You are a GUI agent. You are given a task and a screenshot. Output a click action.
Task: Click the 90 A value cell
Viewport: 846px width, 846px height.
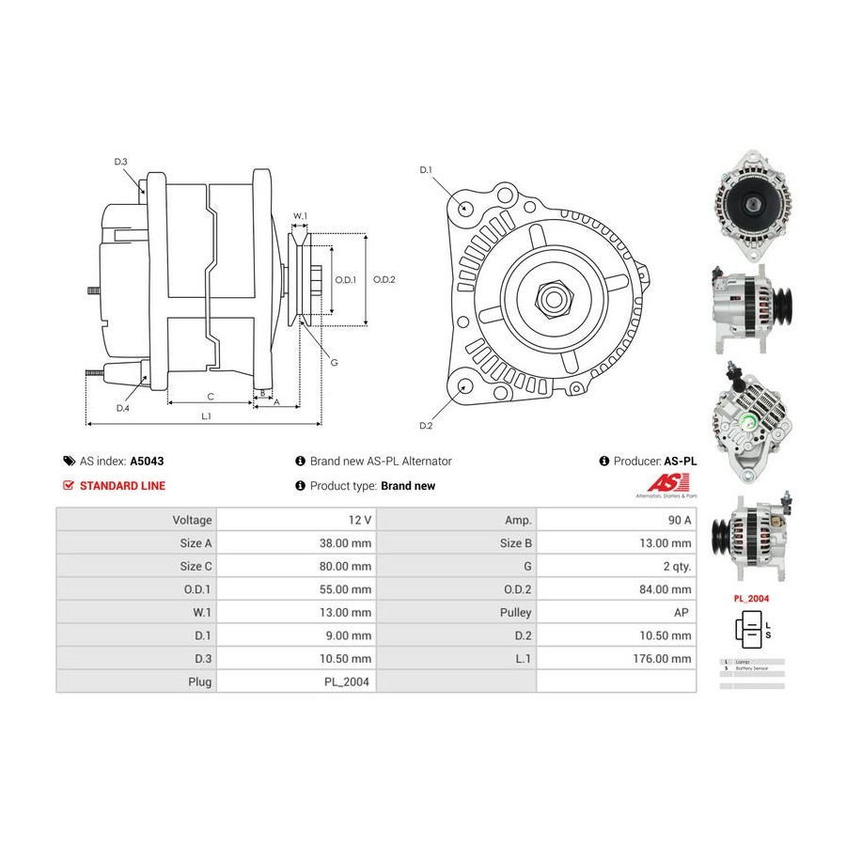675,520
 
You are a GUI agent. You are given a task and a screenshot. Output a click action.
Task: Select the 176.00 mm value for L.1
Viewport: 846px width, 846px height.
664,659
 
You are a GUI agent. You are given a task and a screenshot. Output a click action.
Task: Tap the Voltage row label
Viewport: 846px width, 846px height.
192,520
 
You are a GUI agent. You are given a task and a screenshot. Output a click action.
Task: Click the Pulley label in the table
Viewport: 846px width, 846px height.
516,613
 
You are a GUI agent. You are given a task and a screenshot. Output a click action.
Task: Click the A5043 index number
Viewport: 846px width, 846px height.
146,462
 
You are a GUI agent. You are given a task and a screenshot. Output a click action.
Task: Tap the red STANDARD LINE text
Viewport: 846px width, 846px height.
122,486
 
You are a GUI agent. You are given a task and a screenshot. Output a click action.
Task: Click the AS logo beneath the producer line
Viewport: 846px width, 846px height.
666,484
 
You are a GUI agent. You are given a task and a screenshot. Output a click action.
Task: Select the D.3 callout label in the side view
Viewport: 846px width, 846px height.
121,162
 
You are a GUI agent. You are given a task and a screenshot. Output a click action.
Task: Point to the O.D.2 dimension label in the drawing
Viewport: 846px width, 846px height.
384,279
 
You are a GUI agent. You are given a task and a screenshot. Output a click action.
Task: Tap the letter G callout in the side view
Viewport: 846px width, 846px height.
334,362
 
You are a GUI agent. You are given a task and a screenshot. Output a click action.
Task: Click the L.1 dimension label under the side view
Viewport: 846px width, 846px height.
205,415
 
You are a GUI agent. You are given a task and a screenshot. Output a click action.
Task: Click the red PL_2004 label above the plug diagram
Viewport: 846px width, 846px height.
750,597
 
